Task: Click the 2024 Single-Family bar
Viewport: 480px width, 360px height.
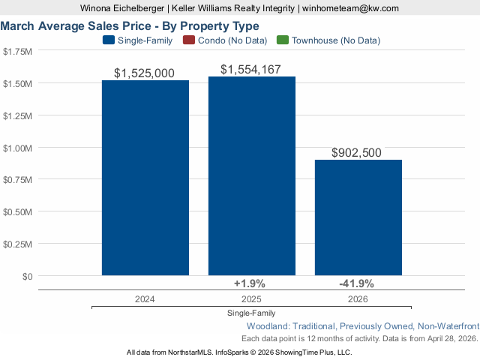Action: click(x=145, y=178)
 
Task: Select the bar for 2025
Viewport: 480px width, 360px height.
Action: click(x=251, y=176)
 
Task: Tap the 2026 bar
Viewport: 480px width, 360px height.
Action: click(x=358, y=217)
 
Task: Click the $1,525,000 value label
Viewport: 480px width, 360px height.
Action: click(x=145, y=73)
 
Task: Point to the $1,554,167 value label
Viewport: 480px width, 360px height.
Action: click(x=252, y=70)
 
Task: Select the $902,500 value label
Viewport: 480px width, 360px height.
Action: click(x=356, y=153)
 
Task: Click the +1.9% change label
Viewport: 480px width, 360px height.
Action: click(x=251, y=283)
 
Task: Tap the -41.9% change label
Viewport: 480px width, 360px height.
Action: click(x=356, y=283)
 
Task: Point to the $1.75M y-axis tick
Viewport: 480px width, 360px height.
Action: click(x=18, y=52)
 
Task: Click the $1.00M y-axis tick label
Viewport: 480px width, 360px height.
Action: click(x=18, y=148)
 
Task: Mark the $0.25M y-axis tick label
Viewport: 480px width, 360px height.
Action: click(x=18, y=244)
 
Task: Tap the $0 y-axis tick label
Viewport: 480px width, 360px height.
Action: click(x=27, y=276)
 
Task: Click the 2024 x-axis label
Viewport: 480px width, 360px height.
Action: click(x=145, y=298)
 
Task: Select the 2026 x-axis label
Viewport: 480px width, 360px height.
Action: click(x=358, y=298)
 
